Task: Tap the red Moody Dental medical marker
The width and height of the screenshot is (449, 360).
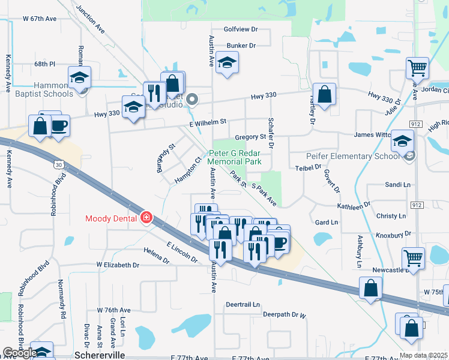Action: (146, 217)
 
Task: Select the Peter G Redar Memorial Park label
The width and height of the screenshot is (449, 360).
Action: (235, 157)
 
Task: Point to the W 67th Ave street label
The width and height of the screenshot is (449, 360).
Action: (40, 19)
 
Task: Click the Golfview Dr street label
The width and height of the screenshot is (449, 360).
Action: (240, 29)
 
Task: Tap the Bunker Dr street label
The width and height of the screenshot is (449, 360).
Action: (241, 46)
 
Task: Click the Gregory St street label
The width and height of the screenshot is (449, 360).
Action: (250, 137)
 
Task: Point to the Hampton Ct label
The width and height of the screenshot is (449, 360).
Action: (187, 170)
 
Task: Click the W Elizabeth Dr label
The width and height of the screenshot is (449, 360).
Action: (118, 265)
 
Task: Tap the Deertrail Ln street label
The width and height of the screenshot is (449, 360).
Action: (243, 304)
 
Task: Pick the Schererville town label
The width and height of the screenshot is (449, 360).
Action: (100, 355)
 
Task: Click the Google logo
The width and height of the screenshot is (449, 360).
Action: (20, 353)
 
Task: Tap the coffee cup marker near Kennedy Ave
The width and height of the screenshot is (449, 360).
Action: (59, 126)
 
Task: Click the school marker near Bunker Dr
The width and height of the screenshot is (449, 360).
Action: (228, 62)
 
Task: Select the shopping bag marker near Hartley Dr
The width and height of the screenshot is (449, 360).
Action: (324, 94)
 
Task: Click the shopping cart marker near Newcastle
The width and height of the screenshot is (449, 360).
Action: (414, 258)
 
